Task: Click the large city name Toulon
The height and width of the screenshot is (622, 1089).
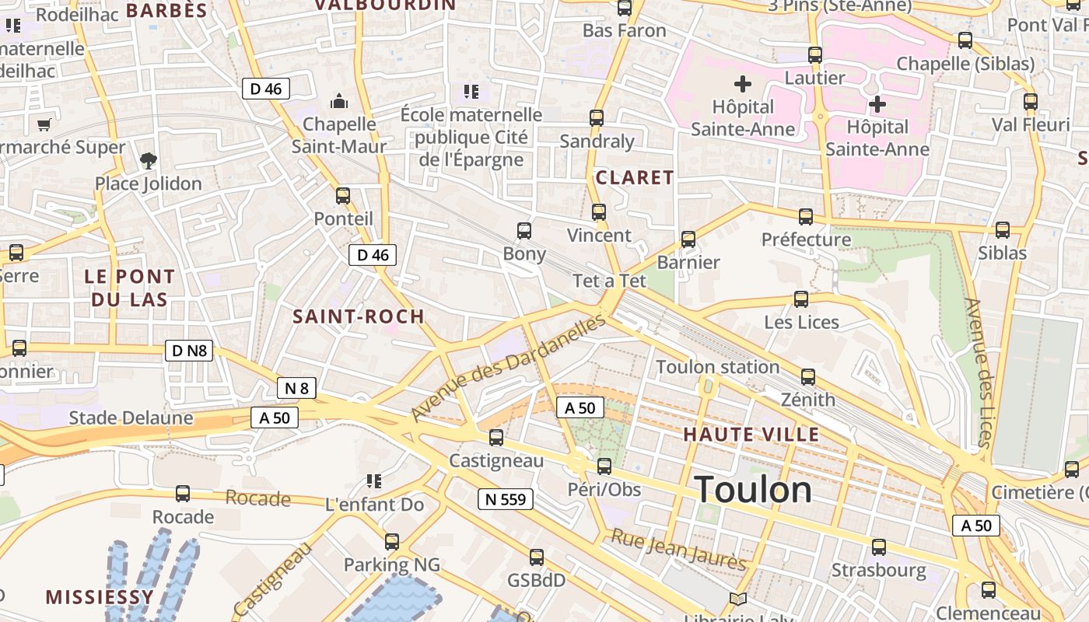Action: tap(753, 490)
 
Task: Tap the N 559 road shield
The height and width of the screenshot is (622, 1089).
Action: tap(505, 499)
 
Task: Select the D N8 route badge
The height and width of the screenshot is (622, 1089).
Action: tap(189, 351)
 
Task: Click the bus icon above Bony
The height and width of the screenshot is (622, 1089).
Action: tap(524, 231)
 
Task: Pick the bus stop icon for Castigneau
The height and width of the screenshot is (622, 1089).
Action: tap(496, 438)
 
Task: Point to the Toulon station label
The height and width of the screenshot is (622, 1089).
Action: tap(717, 367)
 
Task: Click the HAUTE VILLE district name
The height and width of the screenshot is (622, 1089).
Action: tap(751, 435)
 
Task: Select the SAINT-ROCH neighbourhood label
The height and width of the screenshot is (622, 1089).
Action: tap(359, 316)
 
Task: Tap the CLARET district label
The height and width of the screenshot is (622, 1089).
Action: tap(635, 178)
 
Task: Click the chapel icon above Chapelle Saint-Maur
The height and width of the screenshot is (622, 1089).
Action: tap(339, 101)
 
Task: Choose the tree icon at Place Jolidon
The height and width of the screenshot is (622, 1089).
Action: tap(148, 161)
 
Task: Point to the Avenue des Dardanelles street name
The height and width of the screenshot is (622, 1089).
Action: tap(509, 368)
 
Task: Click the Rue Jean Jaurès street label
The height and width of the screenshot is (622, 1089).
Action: tap(678, 549)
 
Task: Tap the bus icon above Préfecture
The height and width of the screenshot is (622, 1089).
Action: tap(806, 216)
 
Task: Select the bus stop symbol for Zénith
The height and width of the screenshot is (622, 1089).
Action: tap(808, 377)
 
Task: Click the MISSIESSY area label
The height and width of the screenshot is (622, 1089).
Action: tap(100, 597)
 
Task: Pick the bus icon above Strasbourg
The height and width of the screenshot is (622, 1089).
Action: tap(879, 547)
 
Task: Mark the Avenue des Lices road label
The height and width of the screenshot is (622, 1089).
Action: tap(979, 373)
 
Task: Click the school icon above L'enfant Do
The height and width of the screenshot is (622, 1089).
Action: tap(373, 482)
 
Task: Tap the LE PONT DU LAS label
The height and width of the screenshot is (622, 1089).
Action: tap(129, 288)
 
